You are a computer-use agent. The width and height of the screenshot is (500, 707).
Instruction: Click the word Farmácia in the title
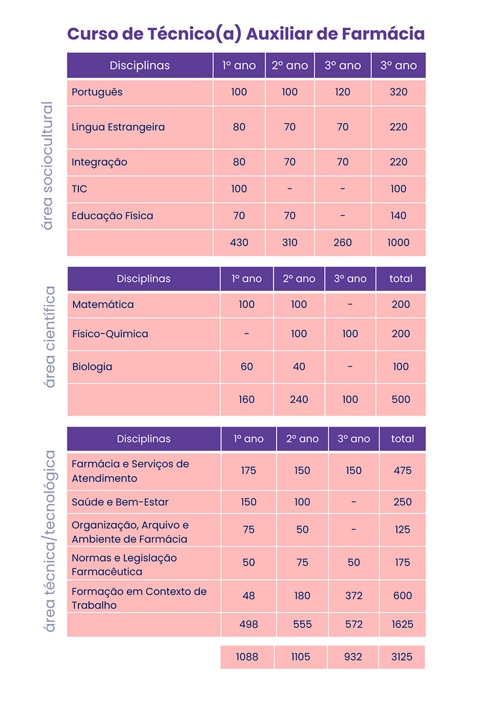coord(383,34)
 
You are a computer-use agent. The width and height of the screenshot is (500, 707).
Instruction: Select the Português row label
coord(97,92)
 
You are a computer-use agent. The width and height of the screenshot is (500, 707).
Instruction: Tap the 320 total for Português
coord(399,92)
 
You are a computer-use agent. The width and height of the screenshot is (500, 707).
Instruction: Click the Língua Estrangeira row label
coord(118,127)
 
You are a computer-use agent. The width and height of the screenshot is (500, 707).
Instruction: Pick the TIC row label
coord(80,189)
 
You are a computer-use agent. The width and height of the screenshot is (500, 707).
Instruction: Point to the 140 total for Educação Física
coord(399,216)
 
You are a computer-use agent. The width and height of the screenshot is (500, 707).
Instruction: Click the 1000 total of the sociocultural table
coord(399,242)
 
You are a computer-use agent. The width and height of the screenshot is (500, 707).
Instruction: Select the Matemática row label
coord(103,305)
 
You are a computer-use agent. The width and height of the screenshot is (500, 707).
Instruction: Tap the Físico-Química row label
coord(110,334)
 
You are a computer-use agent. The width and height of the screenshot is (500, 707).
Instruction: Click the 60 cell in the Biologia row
coord(246,367)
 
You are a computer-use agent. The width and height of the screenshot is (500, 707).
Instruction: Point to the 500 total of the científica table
coord(401,399)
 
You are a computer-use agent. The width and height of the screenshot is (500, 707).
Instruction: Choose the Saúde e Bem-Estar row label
coord(120,503)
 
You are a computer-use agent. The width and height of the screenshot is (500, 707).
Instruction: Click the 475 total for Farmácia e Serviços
coord(403,471)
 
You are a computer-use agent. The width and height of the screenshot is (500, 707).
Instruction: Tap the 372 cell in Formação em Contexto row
coord(354,596)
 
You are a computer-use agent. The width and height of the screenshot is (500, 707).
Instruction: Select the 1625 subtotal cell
coord(403,625)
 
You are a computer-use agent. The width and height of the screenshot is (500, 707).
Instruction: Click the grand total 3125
coord(403,657)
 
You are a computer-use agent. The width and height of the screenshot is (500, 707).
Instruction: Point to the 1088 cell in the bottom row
coord(247,657)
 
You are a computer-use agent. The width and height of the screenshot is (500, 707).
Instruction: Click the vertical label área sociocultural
coord(47,166)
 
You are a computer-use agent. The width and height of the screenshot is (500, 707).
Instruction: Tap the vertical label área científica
coord(50,337)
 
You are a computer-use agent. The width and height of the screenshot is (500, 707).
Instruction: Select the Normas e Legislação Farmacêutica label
coord(124,564)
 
